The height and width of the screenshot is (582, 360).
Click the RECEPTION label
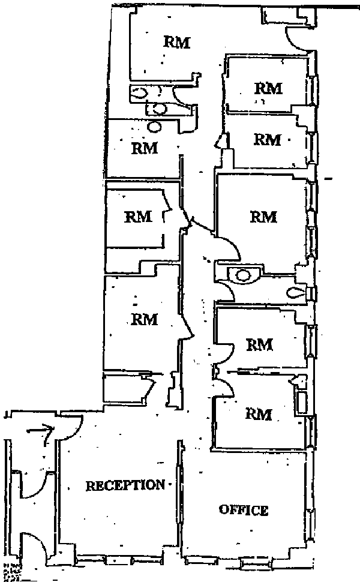click(125, 485)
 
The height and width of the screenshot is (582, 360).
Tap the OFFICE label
click(244, 511)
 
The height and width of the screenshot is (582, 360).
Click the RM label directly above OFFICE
click(259, 414)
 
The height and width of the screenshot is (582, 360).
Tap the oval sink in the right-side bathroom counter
click(244, 275)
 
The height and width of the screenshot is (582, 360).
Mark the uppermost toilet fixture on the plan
click(140, 93)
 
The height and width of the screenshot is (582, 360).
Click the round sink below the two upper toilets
click(155, 127)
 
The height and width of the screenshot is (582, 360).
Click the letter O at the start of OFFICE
click(224, 511)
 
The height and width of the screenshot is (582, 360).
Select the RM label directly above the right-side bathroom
click(263, 216)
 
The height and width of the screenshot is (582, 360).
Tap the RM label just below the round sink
click(144, 147)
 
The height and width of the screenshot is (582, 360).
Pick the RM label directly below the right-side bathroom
click(260, 344)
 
